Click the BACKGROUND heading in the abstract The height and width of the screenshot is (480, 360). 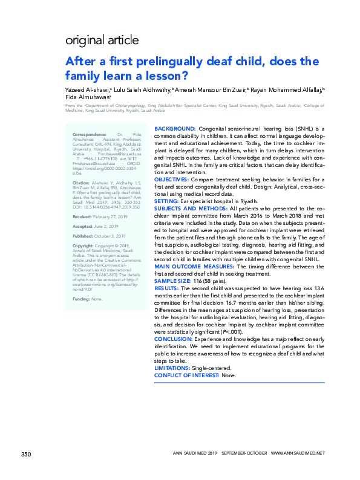coord(175,129)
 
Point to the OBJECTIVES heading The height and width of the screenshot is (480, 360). coord(172,180)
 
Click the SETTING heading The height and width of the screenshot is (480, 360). coord(167,200)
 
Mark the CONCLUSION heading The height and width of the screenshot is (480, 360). coord(175,340)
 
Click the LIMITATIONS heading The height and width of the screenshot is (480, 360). coord(174,368)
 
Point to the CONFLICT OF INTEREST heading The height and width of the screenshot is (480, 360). coord(186,375)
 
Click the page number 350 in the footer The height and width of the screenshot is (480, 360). coord(26,454)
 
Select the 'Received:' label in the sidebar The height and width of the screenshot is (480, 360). coord(82,215)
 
